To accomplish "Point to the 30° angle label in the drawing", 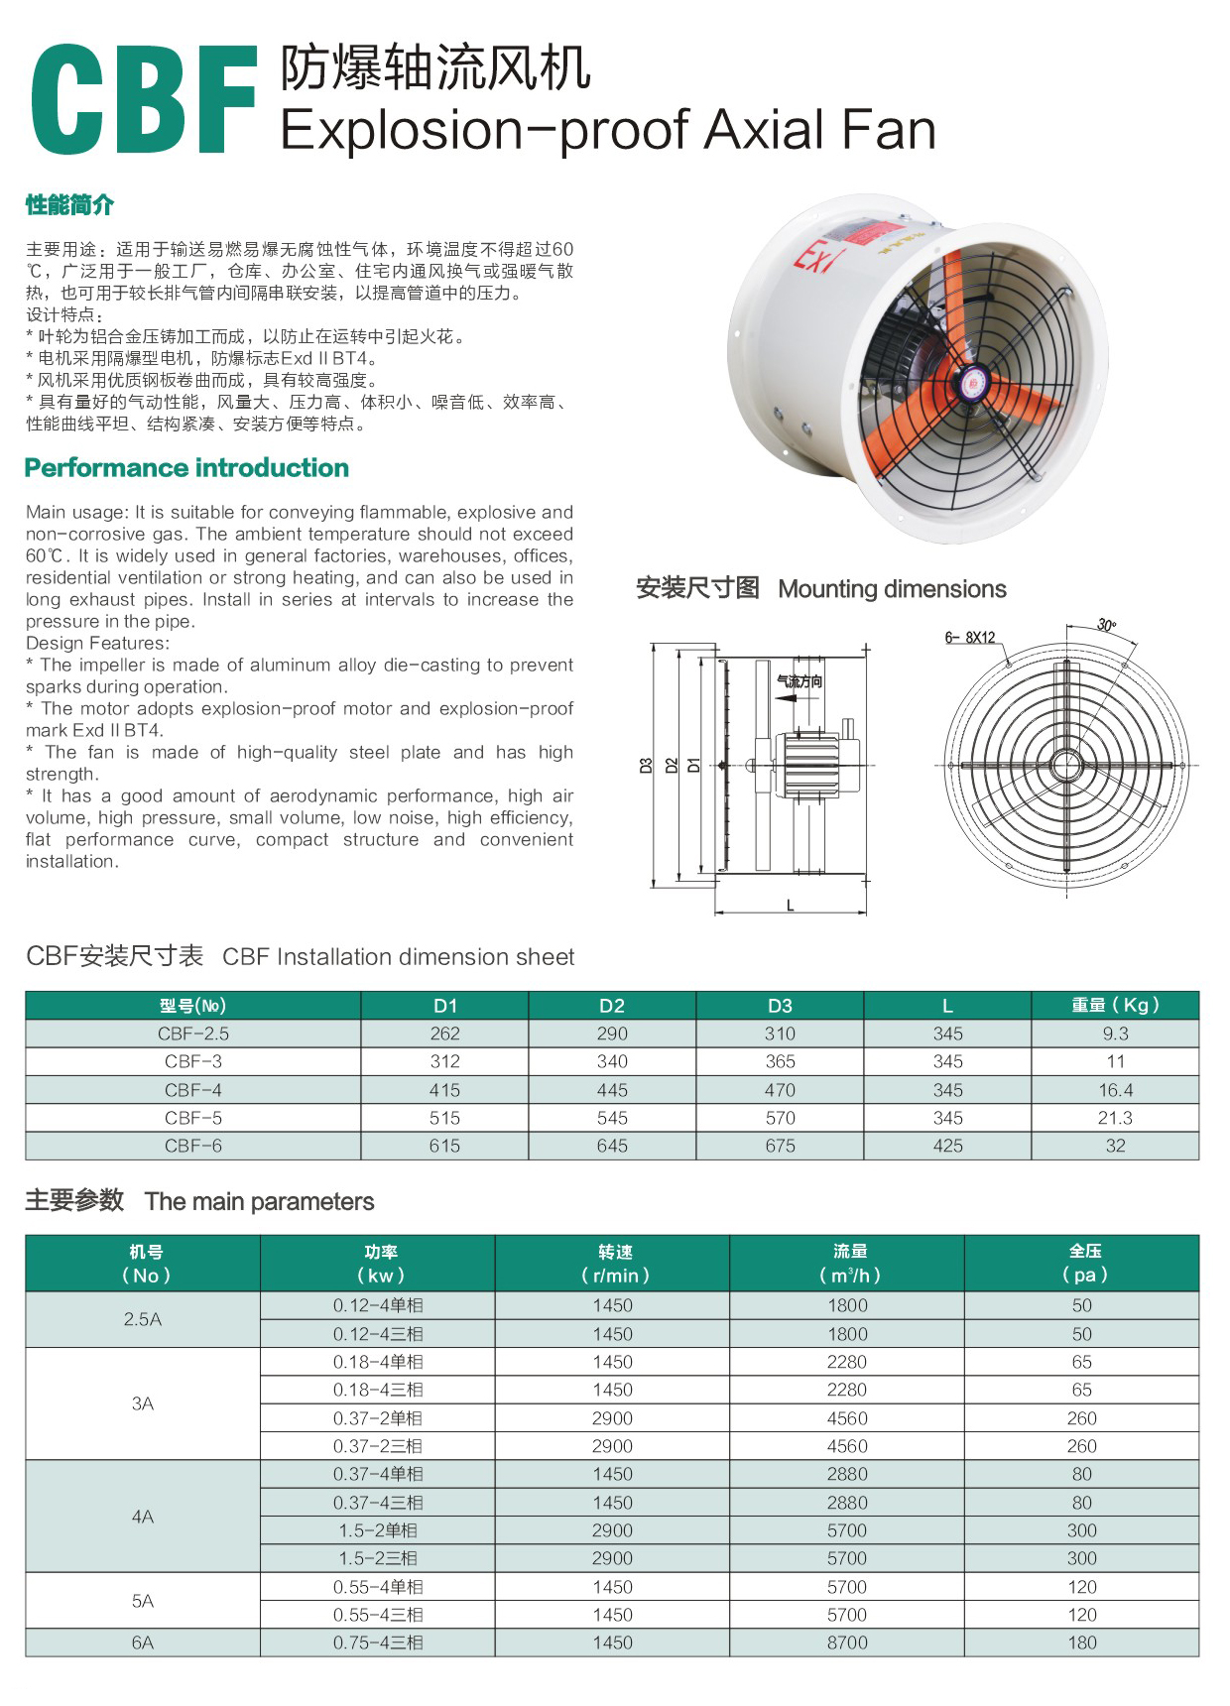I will [1106, 625].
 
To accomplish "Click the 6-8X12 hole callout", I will [969, 638].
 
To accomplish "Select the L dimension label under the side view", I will [790, 905].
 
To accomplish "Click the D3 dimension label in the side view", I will [646, 766].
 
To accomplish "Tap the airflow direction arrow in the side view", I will [786, 698].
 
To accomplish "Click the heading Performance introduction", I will [186, 468].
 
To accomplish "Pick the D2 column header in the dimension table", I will [612, 1005].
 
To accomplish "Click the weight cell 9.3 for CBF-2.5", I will [1115, 1034].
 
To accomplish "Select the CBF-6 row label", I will [193, 1146].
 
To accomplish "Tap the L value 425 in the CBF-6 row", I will [947, 1146].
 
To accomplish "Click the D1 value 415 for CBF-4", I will [444, 1090].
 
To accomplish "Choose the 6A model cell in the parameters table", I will [143, 1643].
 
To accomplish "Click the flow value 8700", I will [847, 1643].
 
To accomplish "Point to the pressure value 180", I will [1082, 1643].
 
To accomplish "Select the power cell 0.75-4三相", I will [378, 1643].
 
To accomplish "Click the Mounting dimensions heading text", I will [892, 589].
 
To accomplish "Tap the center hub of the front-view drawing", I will [1066, 766].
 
